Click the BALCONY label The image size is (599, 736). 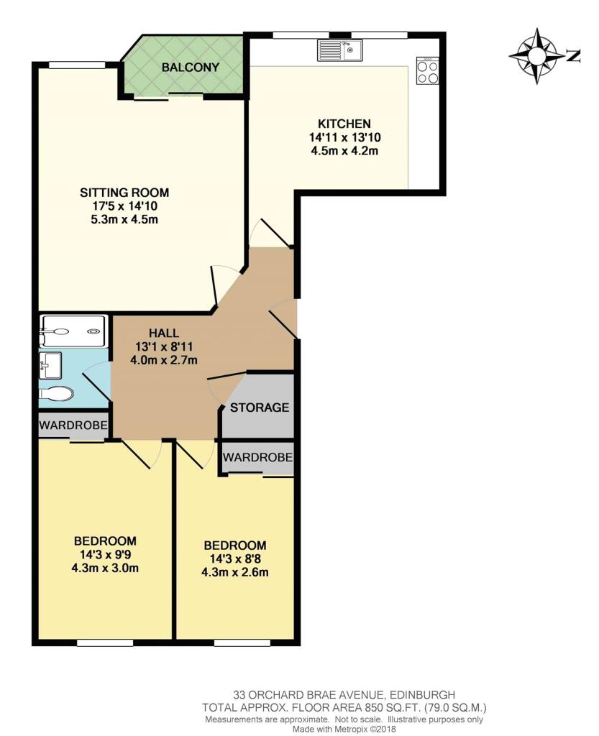click(x=190, y=67)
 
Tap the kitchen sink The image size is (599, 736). click(x=339, y=50)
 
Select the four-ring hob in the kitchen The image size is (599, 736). click(x=427, y=70)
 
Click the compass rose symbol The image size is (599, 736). click(x=537, y=56)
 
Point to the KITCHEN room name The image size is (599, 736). click(x=344, y=124)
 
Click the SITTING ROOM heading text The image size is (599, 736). click(x=124, y=193)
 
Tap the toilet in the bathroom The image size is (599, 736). click(x=56, y=393)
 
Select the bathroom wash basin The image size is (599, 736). click(x=51, y=365)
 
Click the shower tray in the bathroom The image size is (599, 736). click(x=73, y=331)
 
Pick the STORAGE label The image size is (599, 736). click(x=259, y=408)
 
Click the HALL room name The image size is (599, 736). click(x=164, y=333)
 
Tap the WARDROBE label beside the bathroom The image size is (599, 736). click(x=73, y=426)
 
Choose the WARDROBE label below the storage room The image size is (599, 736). click(x=257, y=457)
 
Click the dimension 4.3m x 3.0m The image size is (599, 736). click(x=105, y=569)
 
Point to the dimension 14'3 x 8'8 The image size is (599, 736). click(x=234, y=559)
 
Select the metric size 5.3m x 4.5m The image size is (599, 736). click(x=124, y=219)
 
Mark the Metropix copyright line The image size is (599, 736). click(x=344, y=729)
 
